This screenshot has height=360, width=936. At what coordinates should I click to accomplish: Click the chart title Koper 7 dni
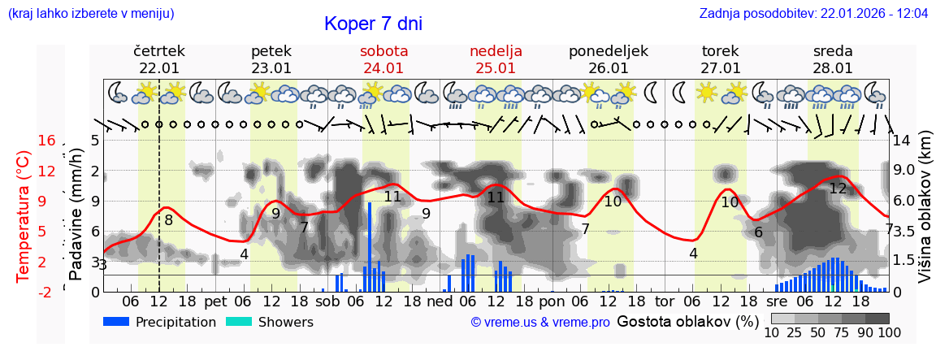[x=373, y=24]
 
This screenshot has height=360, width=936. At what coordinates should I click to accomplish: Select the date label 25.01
[x=496, y=68]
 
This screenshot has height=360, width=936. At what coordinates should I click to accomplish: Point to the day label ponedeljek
[x=609, y=51]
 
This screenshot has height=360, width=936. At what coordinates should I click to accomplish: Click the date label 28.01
[x=833, y=68]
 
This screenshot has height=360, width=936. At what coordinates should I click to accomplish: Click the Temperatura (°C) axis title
[x=24, y=215]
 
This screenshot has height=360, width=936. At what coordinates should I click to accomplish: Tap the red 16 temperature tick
[x=46, y=141]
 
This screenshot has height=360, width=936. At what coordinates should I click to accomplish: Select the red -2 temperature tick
[x=46, y=292]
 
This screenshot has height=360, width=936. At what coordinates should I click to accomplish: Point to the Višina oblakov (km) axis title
[x=925, y=216]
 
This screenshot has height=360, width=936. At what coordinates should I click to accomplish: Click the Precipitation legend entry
[x=160, y=322]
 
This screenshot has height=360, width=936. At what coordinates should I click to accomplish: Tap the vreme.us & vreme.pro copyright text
[x=540, y=322]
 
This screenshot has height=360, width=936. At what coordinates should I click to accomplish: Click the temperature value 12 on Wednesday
[x=838, y=189]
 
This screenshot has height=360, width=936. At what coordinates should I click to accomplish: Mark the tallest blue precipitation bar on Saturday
[x=370, y=246]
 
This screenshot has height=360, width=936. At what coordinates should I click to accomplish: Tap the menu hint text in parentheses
[x=90, y=13]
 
